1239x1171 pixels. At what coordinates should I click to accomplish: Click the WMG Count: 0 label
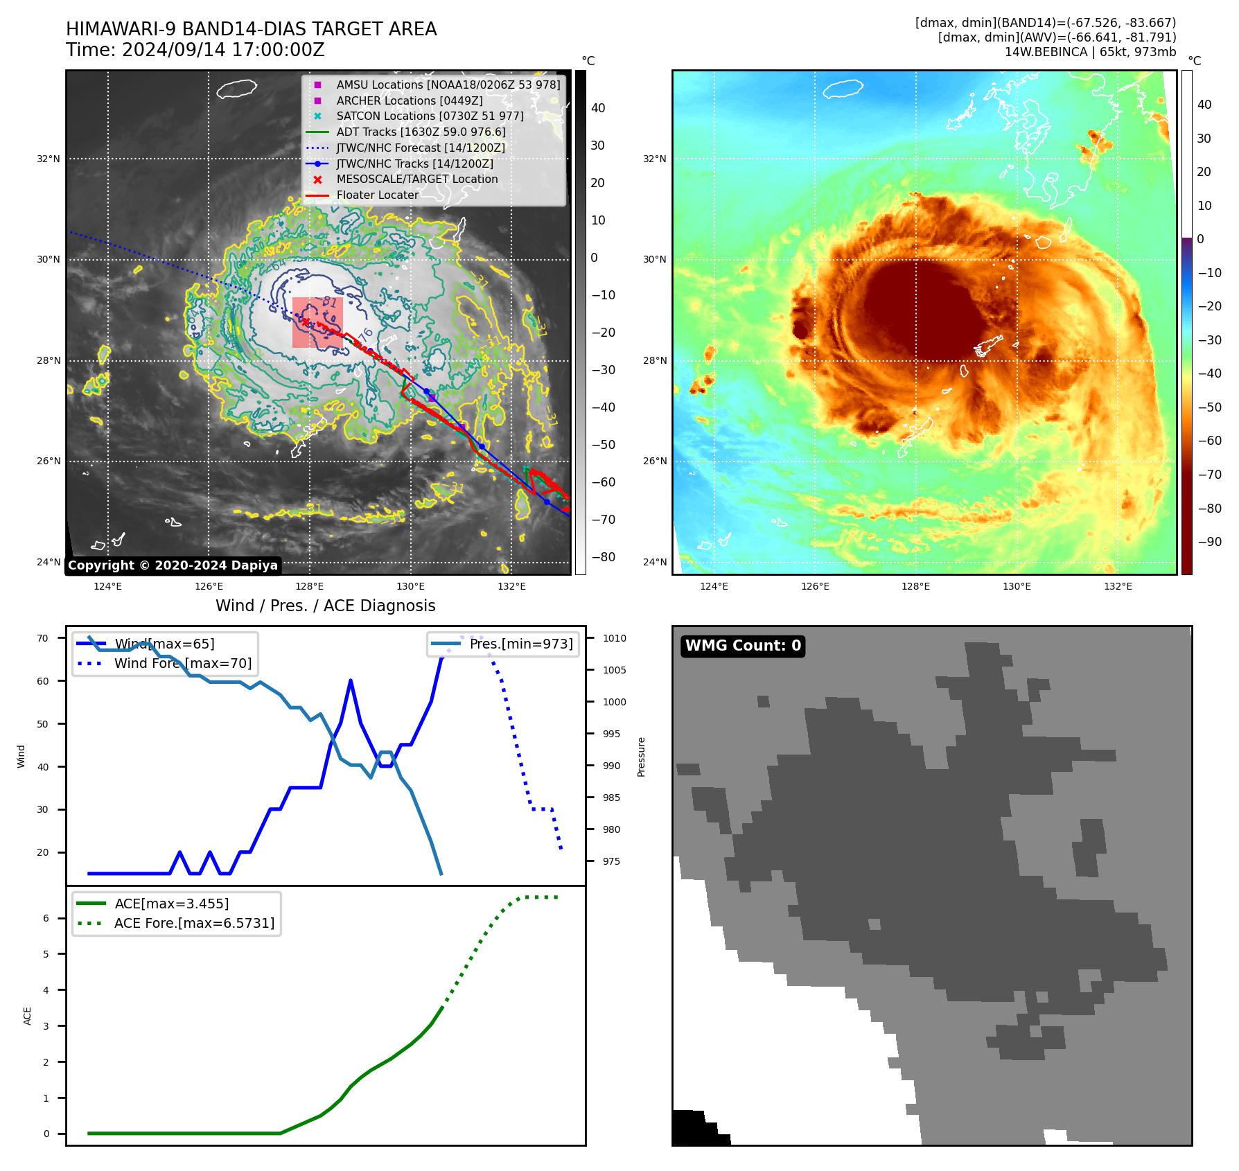[743, 646]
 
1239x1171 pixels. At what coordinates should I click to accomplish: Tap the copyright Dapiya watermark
[173, 565]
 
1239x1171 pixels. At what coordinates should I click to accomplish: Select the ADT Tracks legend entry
[421, 132]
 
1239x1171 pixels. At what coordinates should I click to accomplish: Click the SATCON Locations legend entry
[430, 116]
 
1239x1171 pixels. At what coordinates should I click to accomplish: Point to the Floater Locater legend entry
[377, 195]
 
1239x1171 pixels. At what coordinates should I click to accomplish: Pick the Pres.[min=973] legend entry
[520, 644]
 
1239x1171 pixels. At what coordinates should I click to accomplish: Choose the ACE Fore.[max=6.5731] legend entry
[194, 923]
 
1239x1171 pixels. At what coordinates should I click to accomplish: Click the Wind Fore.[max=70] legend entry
[183, 663]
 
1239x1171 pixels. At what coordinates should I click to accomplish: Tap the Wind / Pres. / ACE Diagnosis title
[326, 606]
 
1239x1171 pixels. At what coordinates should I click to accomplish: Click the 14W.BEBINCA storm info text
[1090, 52]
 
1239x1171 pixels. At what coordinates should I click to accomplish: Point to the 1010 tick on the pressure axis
[614, 638]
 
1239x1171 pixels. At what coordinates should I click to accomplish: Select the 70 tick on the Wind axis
[43, 638]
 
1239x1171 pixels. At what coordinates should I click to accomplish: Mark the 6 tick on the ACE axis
[46, 918]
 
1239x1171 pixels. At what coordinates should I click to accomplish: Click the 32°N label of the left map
[49, 159]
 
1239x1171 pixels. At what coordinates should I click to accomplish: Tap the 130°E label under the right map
[1017, 586]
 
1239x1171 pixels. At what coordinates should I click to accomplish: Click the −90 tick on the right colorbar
[1210, 542]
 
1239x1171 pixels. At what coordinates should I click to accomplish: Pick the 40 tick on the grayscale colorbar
[598, 108]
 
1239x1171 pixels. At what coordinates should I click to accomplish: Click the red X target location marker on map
[305, 322]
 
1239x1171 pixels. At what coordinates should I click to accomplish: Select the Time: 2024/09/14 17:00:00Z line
[195, 50]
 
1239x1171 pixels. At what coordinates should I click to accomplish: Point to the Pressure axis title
[642, 757]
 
